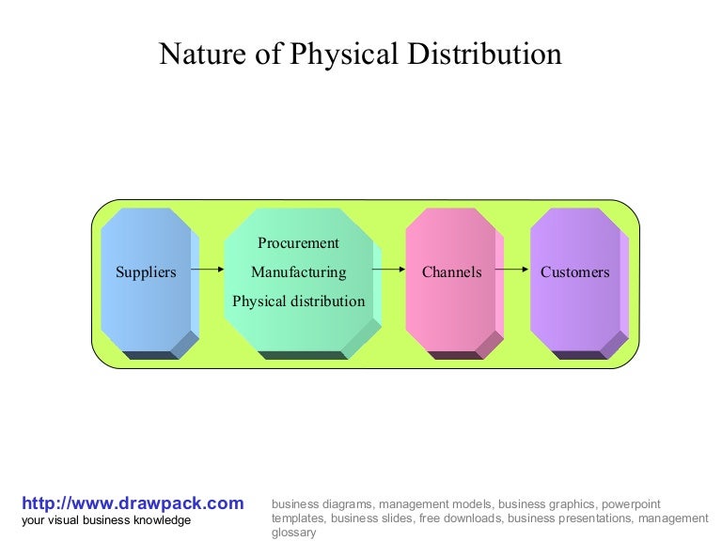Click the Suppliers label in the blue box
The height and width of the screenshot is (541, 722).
click(146, 272)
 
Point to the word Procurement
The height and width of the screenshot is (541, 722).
click(298, 243)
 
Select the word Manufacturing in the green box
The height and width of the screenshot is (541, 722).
click(298, 272)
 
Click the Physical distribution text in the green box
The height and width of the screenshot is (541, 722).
click(298, 301)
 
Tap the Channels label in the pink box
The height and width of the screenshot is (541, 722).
click(451, 272)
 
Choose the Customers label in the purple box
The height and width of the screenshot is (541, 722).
click(574, 272)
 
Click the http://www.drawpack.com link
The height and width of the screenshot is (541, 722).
click(133, 503)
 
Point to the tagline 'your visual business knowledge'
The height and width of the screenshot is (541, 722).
click(106, 520)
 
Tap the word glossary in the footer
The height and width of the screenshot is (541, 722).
click(293, 533)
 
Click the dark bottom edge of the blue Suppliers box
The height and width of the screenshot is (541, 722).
click(149, 355)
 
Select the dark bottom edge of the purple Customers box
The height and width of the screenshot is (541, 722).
click(578, 355)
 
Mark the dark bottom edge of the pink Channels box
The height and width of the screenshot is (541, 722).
click(454, 355)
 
